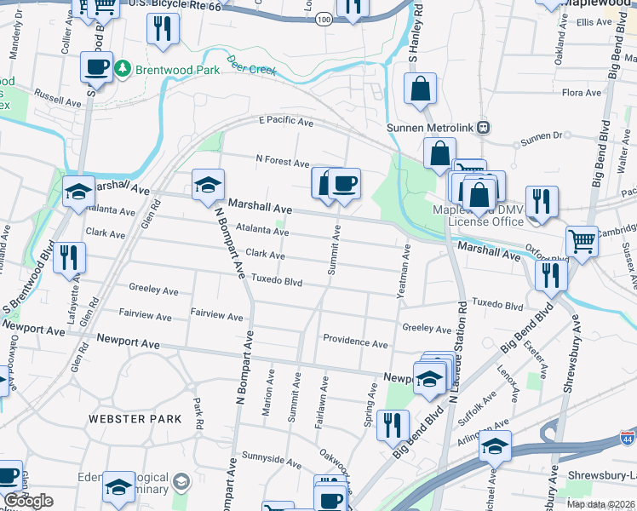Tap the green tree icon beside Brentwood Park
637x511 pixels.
123,66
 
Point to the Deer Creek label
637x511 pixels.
251,65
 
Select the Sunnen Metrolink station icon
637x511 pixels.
483,127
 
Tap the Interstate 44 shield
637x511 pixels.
627,439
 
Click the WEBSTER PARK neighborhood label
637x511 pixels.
135,419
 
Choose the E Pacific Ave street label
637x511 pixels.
286,123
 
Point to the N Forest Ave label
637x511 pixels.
283,160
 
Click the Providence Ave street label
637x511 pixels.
355,342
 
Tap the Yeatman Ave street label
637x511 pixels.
405,272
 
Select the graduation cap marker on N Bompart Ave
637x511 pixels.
208,184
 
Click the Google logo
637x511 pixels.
28,501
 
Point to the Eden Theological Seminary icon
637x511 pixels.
180,483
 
